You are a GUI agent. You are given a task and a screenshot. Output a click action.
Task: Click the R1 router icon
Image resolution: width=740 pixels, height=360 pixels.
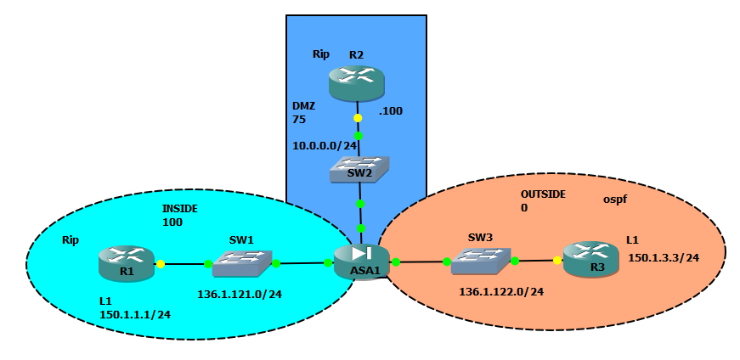pos(126,262)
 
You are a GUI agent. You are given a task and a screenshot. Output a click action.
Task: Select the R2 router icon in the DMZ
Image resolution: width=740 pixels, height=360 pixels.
pos(356,82)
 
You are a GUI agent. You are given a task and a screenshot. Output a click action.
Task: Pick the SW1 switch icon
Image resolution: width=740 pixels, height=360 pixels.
pos(242,264)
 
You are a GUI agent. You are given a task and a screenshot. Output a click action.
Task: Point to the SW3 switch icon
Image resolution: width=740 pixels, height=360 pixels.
pos(481,261)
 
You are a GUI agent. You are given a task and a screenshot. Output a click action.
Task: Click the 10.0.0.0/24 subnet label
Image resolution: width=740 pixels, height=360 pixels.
pos(324,145)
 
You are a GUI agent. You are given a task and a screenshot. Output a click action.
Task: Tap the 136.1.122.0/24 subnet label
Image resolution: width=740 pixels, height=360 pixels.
pos(501,291)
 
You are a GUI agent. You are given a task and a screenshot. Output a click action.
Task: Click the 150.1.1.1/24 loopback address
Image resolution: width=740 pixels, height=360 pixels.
pos(135,314)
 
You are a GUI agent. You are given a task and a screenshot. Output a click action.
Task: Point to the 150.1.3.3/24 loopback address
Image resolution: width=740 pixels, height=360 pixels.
pos(663,257)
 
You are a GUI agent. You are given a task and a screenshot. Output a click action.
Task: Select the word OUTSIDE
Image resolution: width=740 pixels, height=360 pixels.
pos(543,194)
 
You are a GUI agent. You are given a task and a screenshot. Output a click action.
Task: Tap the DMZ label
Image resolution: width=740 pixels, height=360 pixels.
pos(303,107)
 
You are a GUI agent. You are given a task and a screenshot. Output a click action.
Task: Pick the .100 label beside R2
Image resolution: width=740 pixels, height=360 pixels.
pos(392,111)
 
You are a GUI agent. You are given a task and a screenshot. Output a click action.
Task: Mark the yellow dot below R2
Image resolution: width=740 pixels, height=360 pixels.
pos(358,118)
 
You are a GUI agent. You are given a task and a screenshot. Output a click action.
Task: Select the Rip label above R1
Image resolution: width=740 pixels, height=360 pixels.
pos(70,240)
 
